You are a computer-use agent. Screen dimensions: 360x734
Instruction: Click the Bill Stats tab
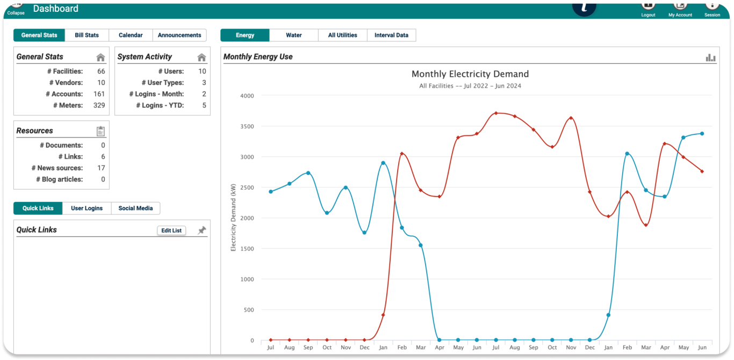[x=87, y=35]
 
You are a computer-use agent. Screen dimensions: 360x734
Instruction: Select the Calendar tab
[x=131, y=35]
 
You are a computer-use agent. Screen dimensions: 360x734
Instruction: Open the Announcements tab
[x=179, y=35]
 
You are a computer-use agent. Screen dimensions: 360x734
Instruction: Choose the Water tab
[x=294, y=35]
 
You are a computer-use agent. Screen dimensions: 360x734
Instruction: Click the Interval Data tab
[x=391, y=35]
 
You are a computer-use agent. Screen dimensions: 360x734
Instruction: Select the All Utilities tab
[x=343, y=35]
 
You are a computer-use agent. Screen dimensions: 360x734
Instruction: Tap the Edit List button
[x=171, y=231]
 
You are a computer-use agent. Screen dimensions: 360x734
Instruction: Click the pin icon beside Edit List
[x=202, y=231]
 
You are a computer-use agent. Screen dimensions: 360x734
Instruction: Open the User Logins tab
[x=87, y=208]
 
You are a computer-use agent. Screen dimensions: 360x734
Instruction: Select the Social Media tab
[x=135, y=208]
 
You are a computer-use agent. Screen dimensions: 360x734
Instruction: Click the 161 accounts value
[x=99, y=94]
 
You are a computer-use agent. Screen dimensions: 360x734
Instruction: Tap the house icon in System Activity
[x=202, y=57]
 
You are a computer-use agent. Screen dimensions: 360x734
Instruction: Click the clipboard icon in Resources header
[x=100, y=131]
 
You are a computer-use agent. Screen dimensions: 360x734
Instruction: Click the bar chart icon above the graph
[x=711, y=57]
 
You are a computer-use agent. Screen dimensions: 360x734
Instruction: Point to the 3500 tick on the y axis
[x=247, y=127]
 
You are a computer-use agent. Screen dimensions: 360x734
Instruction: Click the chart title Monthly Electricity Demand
[x=470, y=74]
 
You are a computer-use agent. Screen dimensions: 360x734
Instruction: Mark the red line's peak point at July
[x=496, y=113]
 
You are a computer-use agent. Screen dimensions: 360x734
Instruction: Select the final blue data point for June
[x=702, y=134]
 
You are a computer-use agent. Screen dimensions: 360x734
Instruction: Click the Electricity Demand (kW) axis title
[x=233, y=217]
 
